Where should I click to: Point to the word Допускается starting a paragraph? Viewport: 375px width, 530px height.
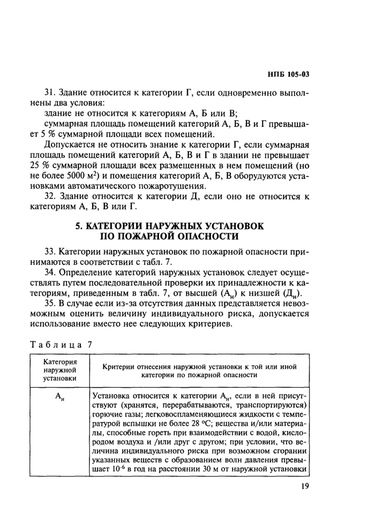point(71,144)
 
